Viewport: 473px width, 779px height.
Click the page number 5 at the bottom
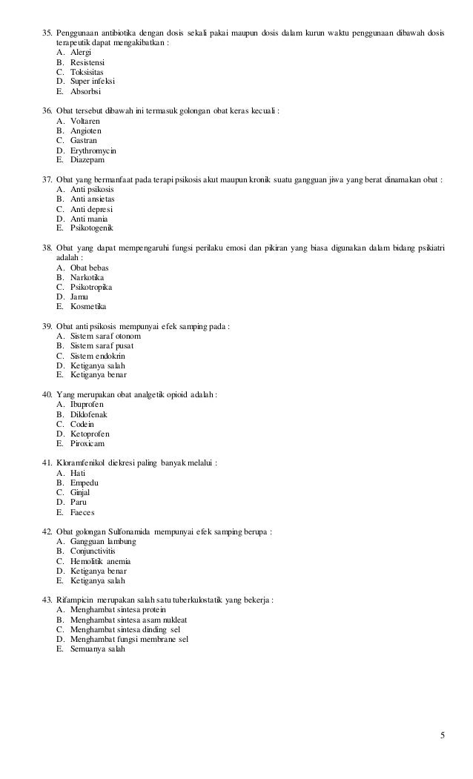click(443, 735)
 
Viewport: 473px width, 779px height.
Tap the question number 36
click(47, 110)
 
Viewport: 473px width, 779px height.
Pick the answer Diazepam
click(87, 159)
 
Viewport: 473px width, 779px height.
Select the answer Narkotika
click(87, 277)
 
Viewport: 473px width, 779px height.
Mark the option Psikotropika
click(91, 287)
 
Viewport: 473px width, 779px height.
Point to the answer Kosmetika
click(88, 306)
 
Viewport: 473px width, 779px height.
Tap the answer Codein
click(82, 424)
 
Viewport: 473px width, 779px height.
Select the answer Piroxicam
click(87, 443)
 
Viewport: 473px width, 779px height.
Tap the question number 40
click(47, 394)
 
